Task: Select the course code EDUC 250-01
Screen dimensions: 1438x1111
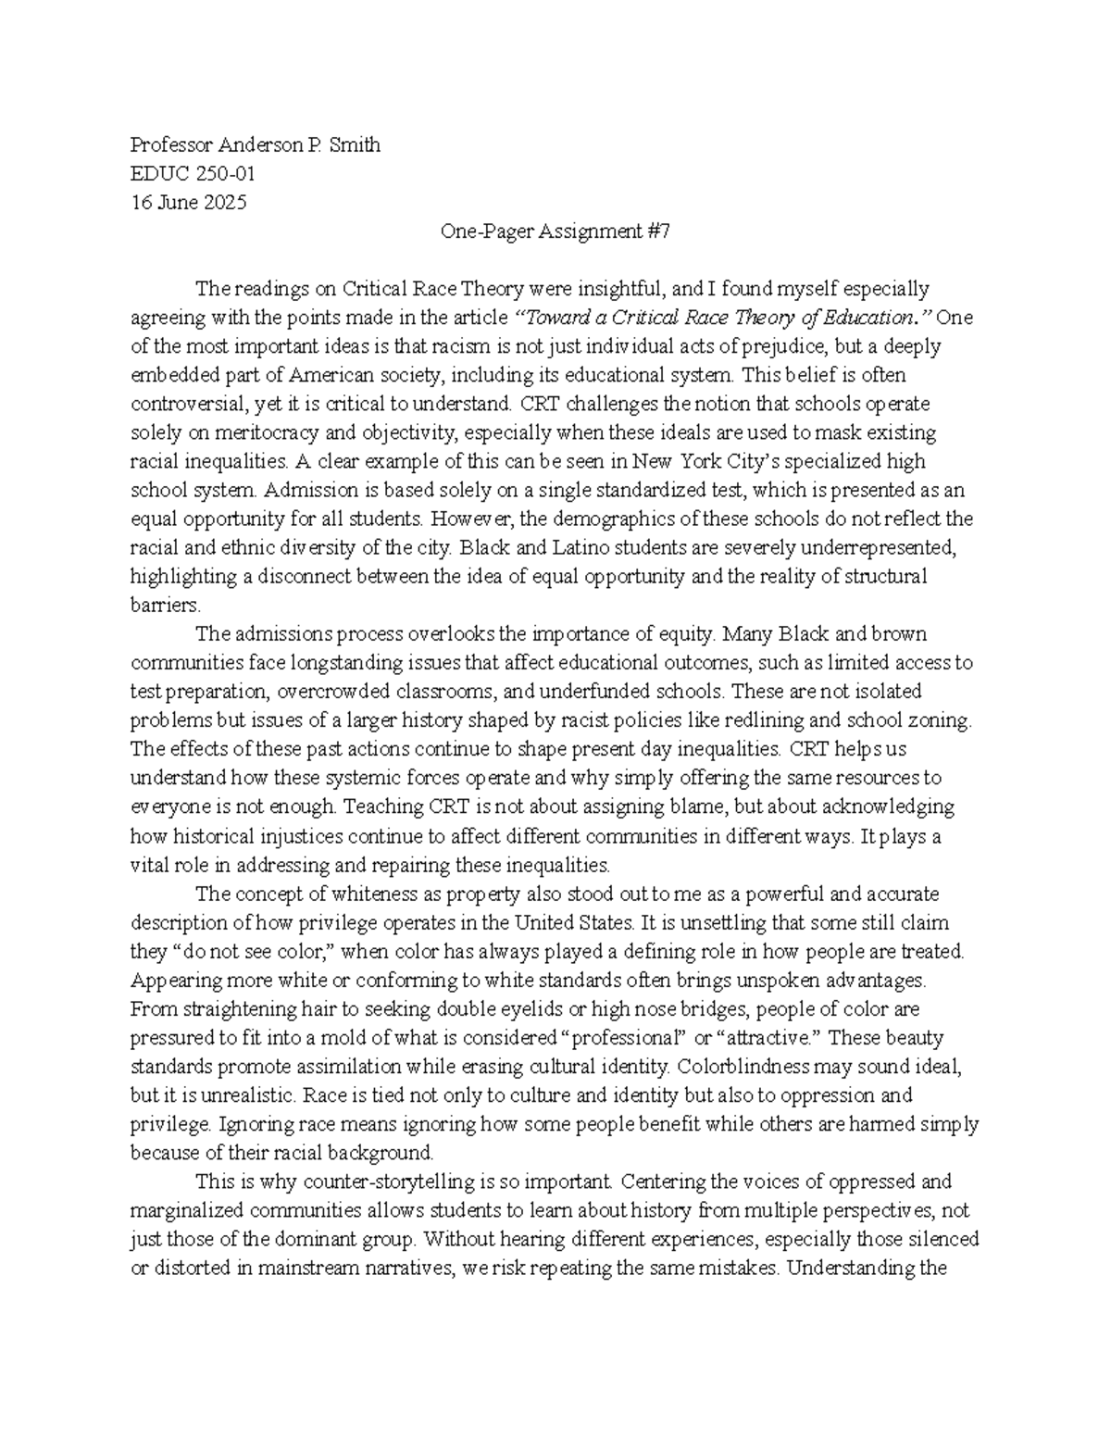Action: (193, 174)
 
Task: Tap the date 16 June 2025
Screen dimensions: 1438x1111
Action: (189, 203)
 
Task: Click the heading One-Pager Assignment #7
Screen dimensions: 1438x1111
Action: (555, 231)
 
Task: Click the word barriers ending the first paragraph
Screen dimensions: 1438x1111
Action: (165, 605)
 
